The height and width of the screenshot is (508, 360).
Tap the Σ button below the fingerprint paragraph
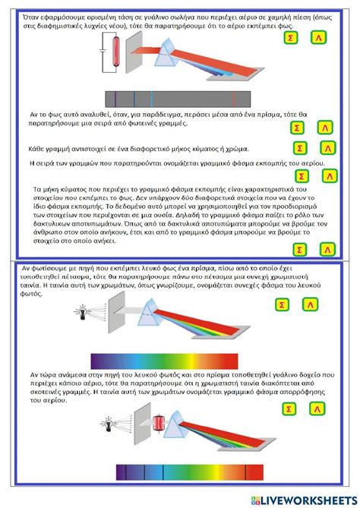(300, 249)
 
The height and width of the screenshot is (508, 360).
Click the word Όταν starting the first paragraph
(33, 16)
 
